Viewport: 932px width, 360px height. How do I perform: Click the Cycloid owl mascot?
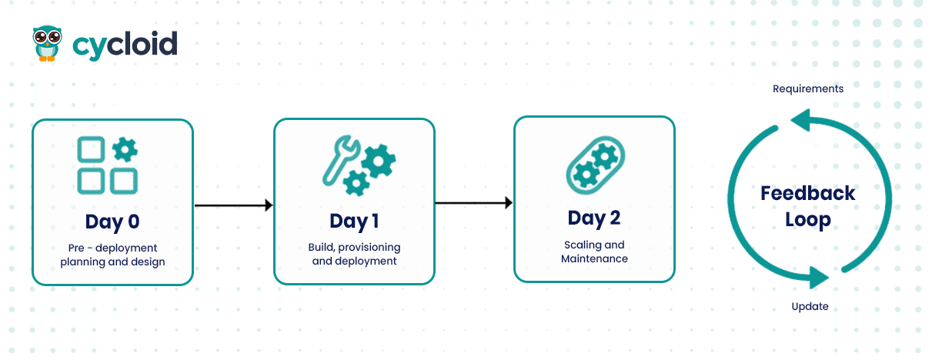pyautogui.click(x=48, y=43)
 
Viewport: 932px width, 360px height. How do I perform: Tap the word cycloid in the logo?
pyautogui.click(x=125, y=45)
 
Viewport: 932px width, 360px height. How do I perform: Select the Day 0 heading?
pyautogui.click(x=112, y=222)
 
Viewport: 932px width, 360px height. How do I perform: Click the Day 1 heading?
pyautogui.click(x=354, y=222)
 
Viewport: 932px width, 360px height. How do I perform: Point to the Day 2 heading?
pyautogui.click(x=594, y=218)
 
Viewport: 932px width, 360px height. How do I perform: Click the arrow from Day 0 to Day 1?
pyautogui.click(x=234, y=205)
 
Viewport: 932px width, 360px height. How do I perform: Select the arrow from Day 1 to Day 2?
pyautogui.click(x=473, y=203)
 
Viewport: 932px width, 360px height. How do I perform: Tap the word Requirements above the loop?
pyautogui.click(x=808, y=88)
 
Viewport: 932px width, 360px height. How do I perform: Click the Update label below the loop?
pyautogui.click(x=810, y=306)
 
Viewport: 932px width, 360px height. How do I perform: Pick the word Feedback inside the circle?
pyautogui.click(x=807, y=193)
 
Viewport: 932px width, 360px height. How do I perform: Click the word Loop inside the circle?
pyautogui.click(x=807, y=220)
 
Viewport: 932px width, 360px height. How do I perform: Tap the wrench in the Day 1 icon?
pyautogui.click(x=339, y=161)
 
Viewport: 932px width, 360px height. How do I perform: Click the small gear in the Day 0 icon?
pyautogui.click(x=125, y=150)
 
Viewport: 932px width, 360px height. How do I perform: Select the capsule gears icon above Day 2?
pyautogui.click(x=596, y=165)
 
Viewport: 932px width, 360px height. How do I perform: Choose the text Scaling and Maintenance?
pyautogui.click(x=594, y=252)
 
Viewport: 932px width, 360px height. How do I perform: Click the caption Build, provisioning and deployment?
pyautogui.click(x=354, y=254)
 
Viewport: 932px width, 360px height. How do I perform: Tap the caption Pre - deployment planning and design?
pyautogui.click(x=112, y=255)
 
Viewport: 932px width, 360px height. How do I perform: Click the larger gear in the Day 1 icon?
pyautogui.click(x=379, y=162)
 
